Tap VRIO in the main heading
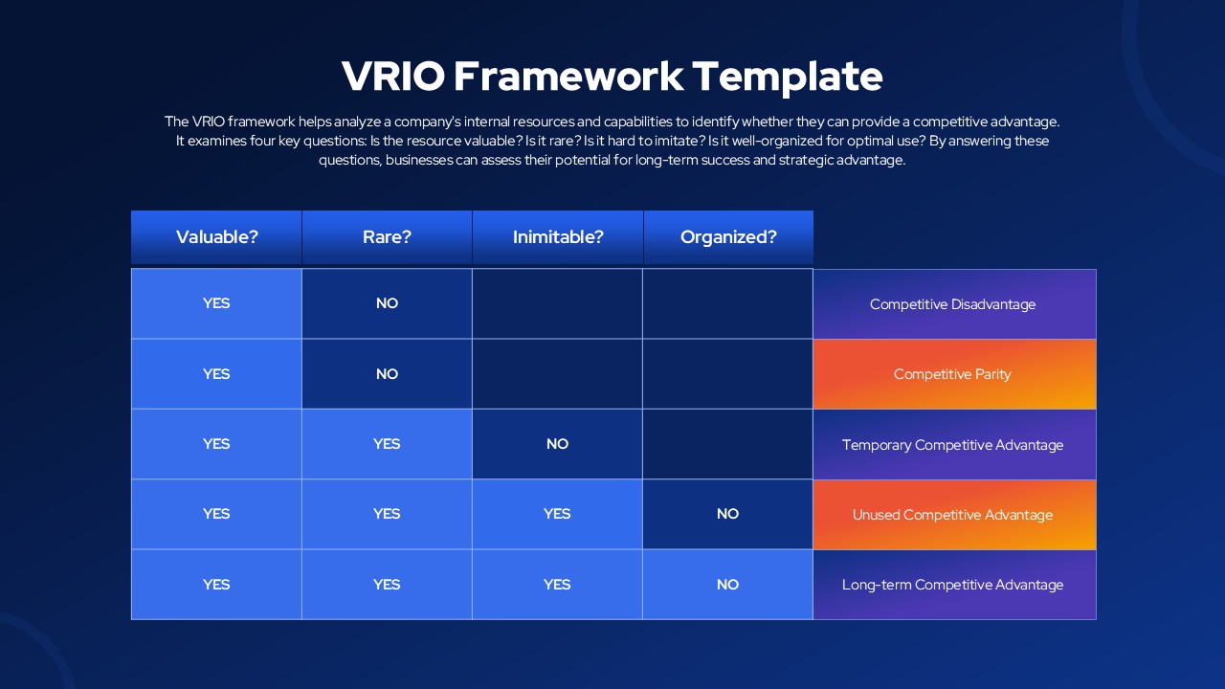point(393,76)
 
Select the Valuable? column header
point(216,237)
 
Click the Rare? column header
point(387,237)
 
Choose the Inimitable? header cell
point(558,237)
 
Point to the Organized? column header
point(728,237)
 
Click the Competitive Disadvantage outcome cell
point(954,304)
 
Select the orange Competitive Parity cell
point(954,374)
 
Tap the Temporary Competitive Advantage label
point(952,445)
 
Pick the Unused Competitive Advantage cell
point(954,515)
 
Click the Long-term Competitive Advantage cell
point(954,585)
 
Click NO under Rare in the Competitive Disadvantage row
point(387,303)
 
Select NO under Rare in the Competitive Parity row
point(387,374)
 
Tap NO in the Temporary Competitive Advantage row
point(557,444)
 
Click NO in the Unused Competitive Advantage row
point(728,514)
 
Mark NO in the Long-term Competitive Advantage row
point(728,585)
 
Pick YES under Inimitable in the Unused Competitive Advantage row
point(557,514)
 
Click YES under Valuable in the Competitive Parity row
point(216,374)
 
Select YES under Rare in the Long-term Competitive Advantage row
point(387,585)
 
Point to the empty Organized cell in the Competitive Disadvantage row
point(728,303)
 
